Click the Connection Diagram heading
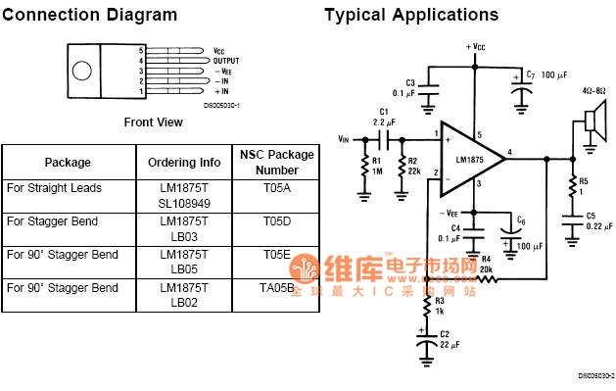point(89,15)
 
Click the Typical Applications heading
point(411,15)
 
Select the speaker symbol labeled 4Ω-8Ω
point(592,121)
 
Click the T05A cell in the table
point(277,187)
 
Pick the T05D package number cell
point(277,220)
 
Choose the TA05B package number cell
point(277,288)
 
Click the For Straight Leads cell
point(54,187)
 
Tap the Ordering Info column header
point(184,162)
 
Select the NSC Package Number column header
point(277,162)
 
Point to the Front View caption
point(153,122)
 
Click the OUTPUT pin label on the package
point(226,60)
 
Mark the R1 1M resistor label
point(377,166)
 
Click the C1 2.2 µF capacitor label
point(384,117)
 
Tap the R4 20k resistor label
point(486,262)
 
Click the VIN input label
point(343,139)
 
